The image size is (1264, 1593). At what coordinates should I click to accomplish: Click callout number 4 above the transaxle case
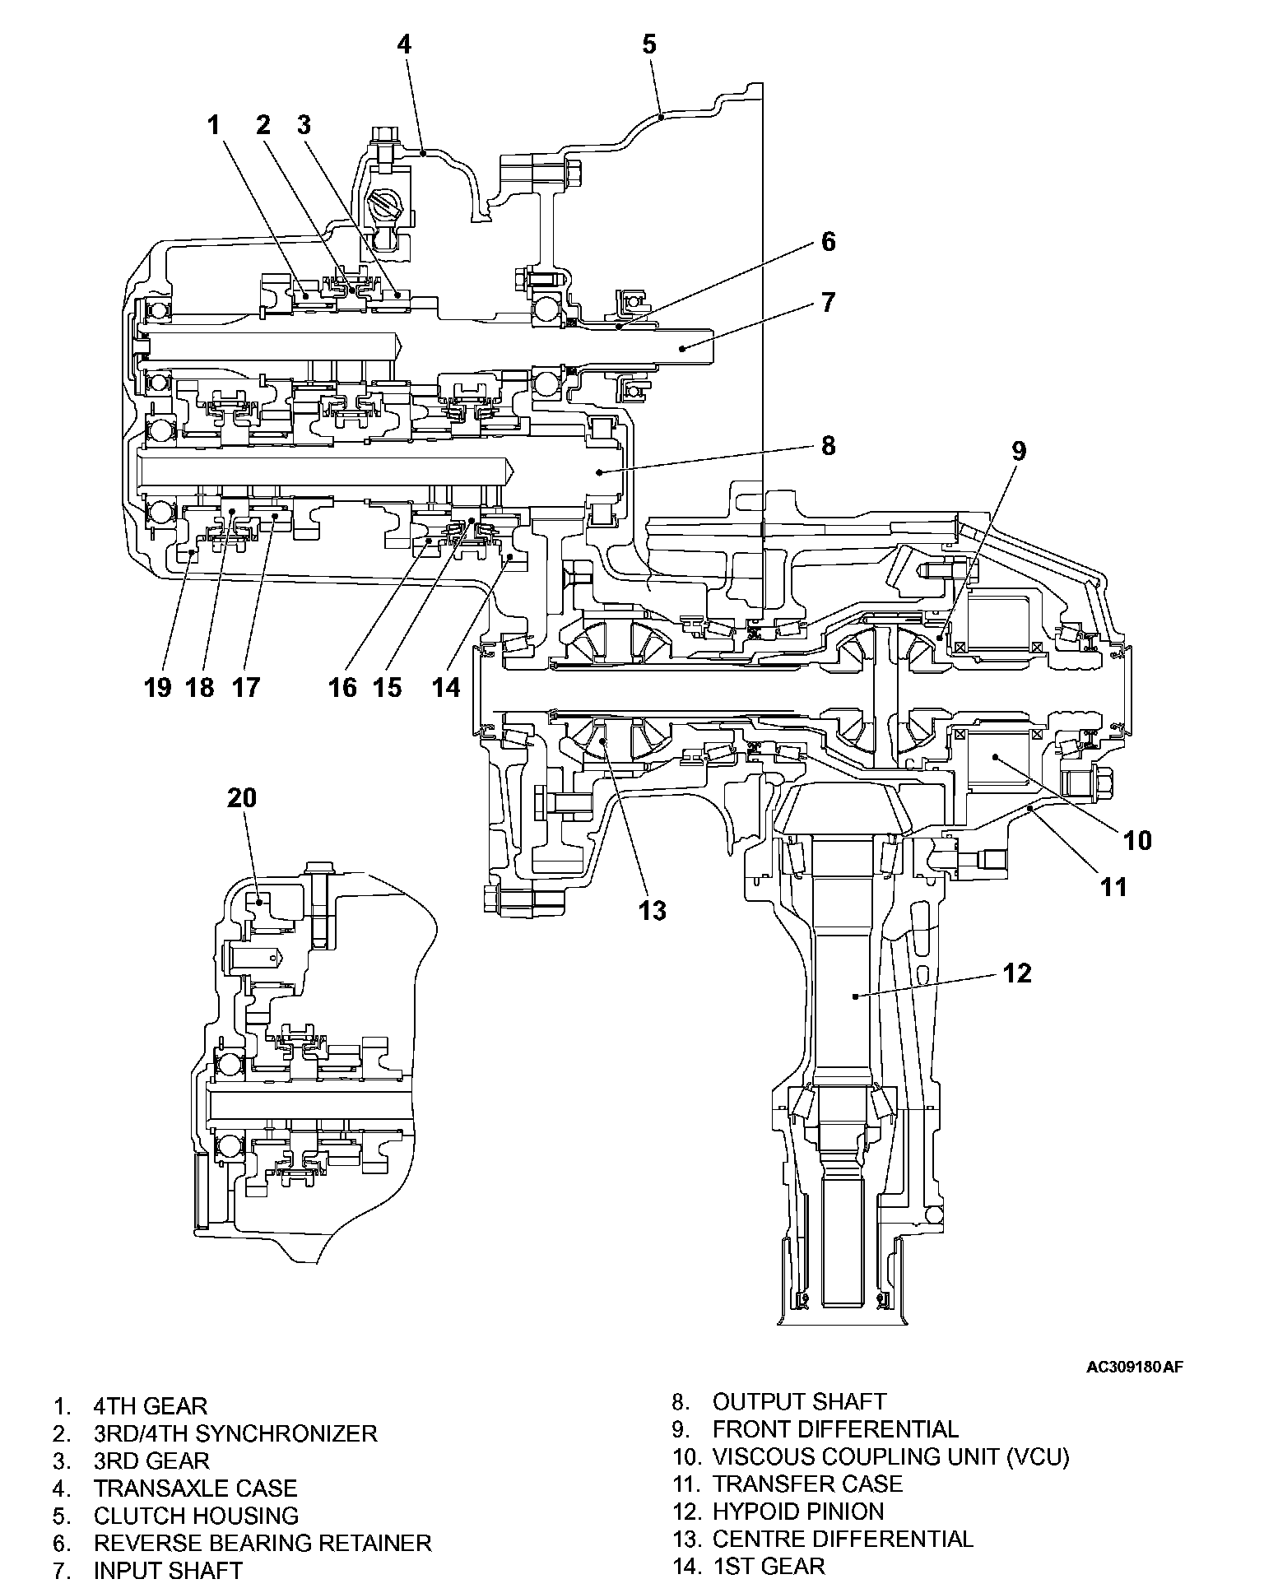tap(404, 44)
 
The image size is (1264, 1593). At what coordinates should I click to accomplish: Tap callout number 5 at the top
tap(649, 44)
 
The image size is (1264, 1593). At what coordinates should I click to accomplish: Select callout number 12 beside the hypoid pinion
tap(1018, 973)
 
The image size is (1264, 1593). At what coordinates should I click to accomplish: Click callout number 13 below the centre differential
tap(652, 911)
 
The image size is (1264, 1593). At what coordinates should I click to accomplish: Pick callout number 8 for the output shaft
tap(828, 445)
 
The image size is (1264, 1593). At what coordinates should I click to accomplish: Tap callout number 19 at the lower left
tap(157, 686)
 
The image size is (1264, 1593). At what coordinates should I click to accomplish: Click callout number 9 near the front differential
tap(1019, 451)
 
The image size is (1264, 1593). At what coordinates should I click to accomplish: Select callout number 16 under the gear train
tap(343, 686)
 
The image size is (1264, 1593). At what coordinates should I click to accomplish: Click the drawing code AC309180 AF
tap(1135, 1368)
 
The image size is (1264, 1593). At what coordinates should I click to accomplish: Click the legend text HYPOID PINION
tap(797, 1511)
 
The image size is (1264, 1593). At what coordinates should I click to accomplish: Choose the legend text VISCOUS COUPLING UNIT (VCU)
tap(890, 1456)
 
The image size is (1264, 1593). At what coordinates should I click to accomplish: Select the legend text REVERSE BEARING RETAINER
tap(262, 1542)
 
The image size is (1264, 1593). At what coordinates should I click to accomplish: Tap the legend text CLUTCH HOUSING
tap(196, 1515)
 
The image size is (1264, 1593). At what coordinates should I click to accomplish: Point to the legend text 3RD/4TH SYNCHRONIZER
tap(235, 1433)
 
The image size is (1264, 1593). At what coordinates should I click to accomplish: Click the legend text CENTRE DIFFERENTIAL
tap(843, 1538)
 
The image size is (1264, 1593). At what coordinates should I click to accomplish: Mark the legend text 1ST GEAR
tap(768, 1565)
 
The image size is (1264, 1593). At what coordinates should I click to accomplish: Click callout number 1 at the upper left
tap(214, 125)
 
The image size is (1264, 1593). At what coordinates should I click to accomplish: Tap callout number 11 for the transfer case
tap(1113, 887)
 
